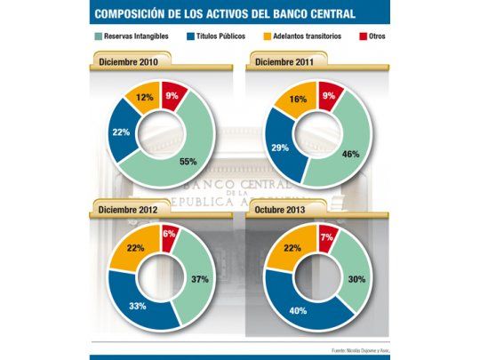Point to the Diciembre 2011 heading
[283, 62]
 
